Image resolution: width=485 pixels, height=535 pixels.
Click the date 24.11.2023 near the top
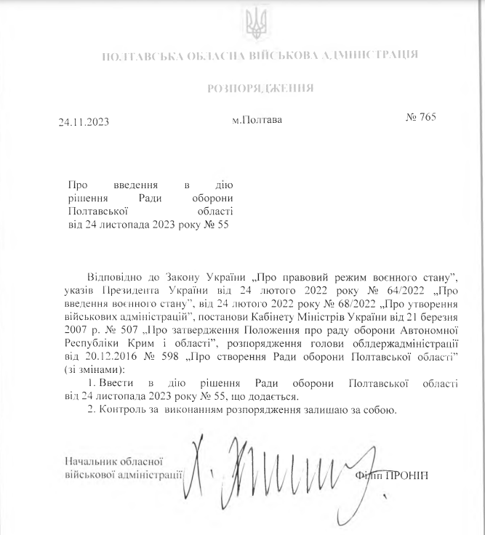(x=84, y=122)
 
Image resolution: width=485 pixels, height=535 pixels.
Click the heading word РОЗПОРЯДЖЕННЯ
(x=261, y=89)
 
